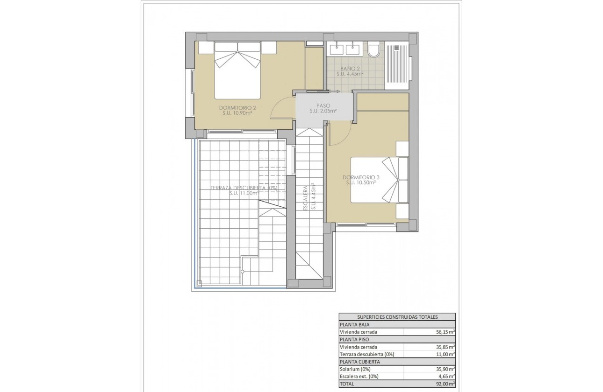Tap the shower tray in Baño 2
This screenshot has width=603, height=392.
pos(397,65)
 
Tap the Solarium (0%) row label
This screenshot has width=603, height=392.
pos(355,369)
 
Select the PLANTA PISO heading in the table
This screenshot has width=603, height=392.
pos(355,340)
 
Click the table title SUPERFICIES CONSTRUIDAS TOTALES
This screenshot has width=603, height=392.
pos(397,317)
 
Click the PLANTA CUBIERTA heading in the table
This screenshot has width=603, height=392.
pos(359,362)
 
